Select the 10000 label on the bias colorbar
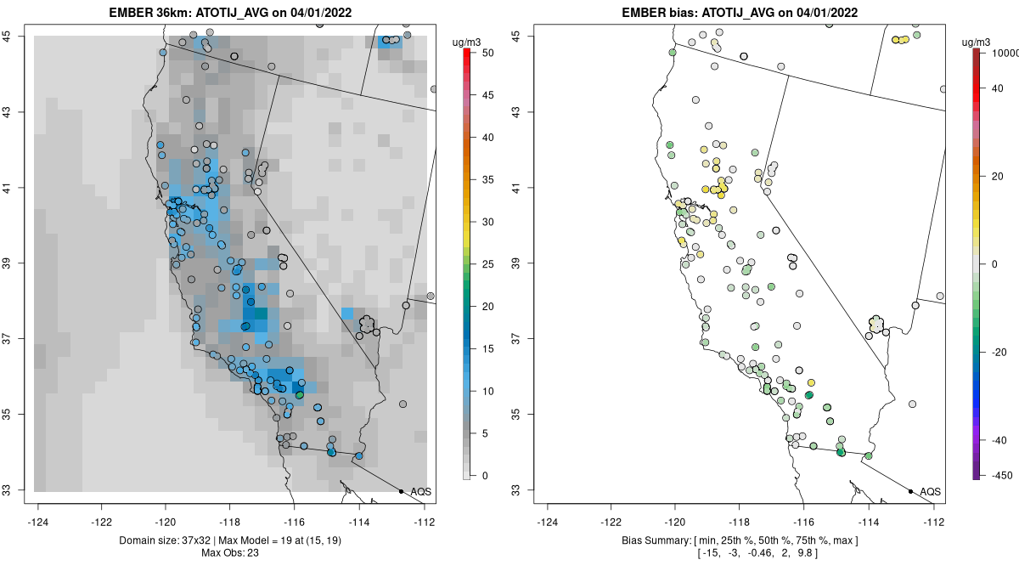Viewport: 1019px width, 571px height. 999,53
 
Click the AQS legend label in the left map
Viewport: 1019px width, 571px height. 421,492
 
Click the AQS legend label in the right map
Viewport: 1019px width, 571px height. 931,492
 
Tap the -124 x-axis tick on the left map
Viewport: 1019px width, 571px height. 38,522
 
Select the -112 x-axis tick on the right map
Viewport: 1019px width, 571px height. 933,522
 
